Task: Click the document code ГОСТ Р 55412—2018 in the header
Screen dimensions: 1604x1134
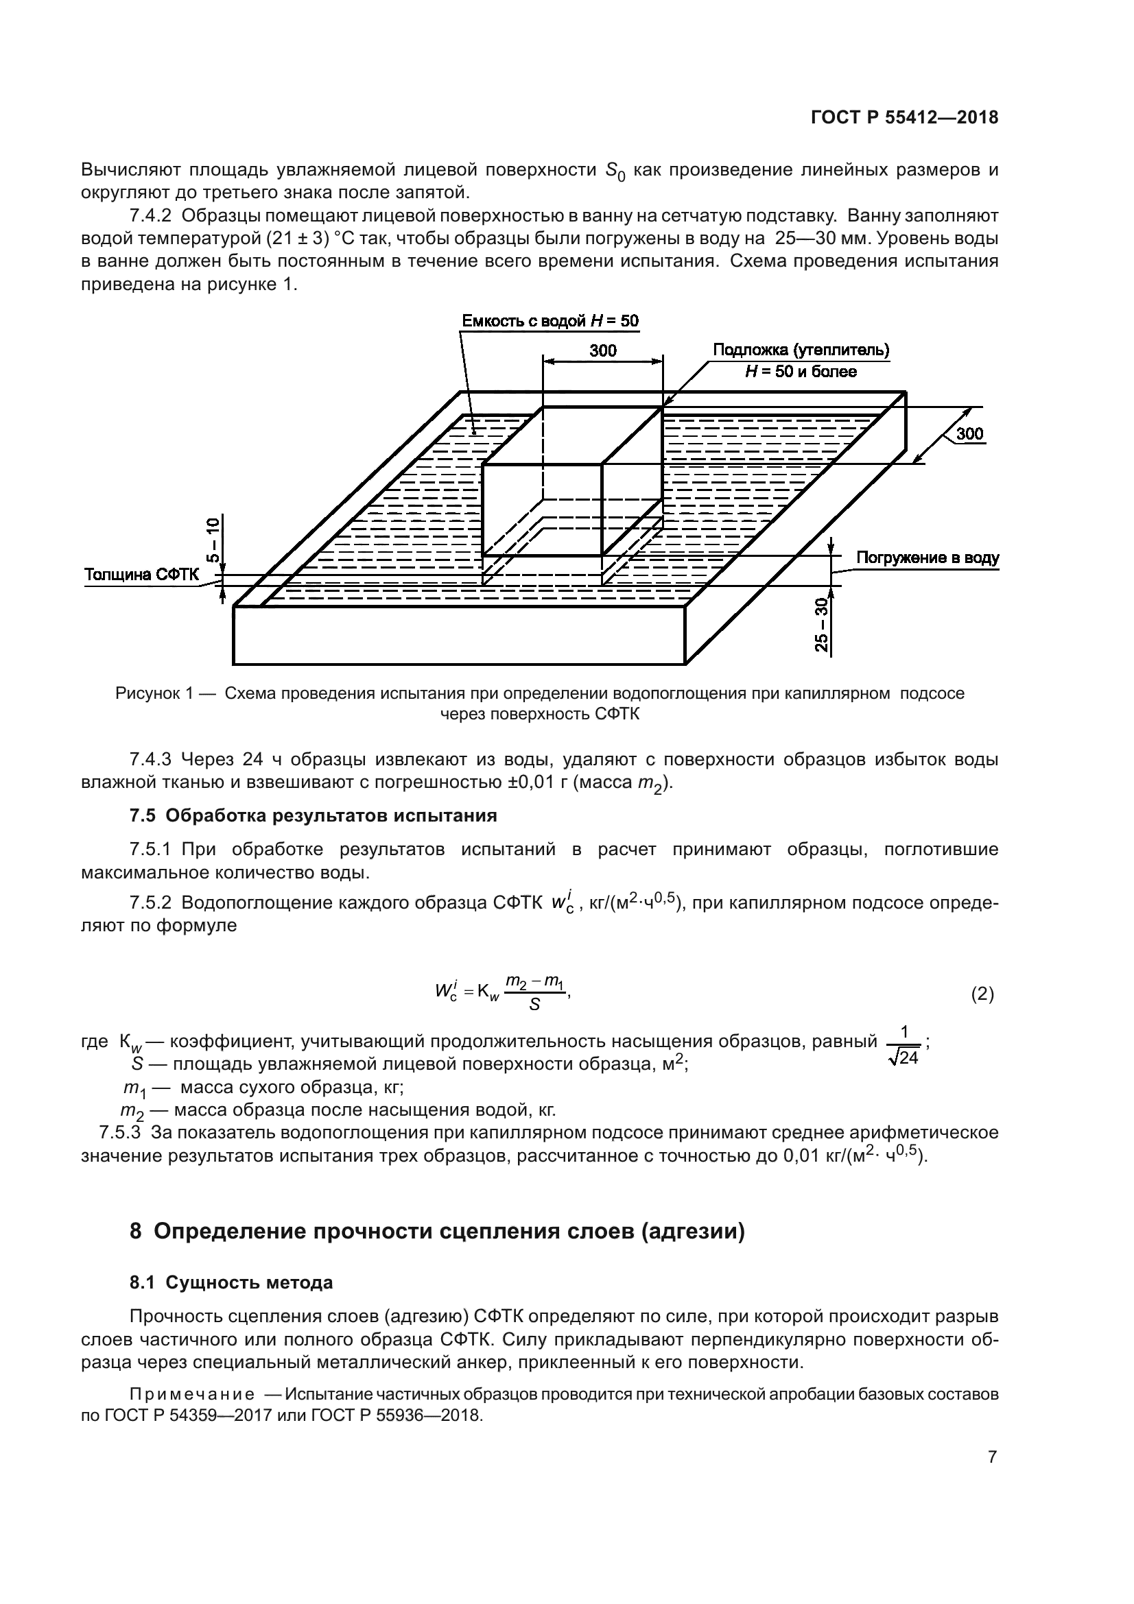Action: (x=904, y=118)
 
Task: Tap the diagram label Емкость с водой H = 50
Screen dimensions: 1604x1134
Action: (x=550, y=321)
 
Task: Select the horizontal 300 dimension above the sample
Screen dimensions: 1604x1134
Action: (x=602, y=350)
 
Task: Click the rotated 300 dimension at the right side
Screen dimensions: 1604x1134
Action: (x=969, y=434)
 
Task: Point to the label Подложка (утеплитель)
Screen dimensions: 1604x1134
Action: (x=801, y=349)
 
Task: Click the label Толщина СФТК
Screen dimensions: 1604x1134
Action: (x=141, y=575)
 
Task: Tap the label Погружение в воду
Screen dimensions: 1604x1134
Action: (x=928, y=558)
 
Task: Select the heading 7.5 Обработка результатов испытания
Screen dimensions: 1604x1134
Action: (x=313, y=815)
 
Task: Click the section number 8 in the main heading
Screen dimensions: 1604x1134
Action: (x=137, y=1231)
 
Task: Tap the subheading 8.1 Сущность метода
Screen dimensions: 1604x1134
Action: (x=231, y=1282)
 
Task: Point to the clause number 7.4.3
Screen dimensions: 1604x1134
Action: (x=150, y=758)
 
